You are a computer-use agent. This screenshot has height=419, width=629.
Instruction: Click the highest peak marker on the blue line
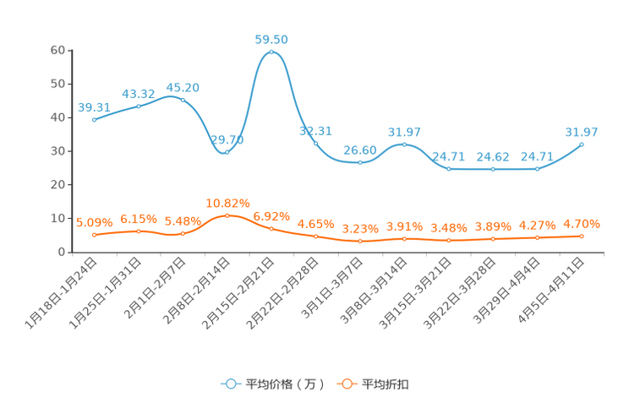tap(271, 52)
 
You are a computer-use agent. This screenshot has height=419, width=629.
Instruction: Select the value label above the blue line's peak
tap(271, 40)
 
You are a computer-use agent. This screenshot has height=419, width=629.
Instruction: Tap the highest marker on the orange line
tap(227, 216)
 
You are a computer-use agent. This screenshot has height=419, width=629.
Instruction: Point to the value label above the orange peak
tap(227, 203)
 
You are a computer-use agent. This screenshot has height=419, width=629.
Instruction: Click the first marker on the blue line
tap(94, 121)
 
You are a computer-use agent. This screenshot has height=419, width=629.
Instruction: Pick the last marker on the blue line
tap(582, 144)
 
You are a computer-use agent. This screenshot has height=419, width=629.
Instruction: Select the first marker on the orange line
tap(94, 235)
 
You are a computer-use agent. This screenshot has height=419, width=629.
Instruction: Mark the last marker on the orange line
tap(582, 237)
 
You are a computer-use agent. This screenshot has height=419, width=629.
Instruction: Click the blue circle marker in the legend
tap(230, 384)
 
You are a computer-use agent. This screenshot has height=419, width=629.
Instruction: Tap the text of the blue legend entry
tap(283, 384)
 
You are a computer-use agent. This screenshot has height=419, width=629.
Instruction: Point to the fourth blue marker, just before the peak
tap(227, 152)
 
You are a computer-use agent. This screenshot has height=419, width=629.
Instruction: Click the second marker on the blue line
tap(139, 106)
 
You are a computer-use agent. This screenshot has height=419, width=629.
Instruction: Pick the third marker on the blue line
tap(183, 100)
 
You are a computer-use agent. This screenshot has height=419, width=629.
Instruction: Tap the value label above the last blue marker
tap(582, 132)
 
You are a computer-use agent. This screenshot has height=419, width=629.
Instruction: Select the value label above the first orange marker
tap(94, 223)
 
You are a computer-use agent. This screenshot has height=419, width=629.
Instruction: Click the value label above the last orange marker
tap(582, 224)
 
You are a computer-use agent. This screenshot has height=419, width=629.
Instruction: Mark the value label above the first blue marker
tap(94, 108)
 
